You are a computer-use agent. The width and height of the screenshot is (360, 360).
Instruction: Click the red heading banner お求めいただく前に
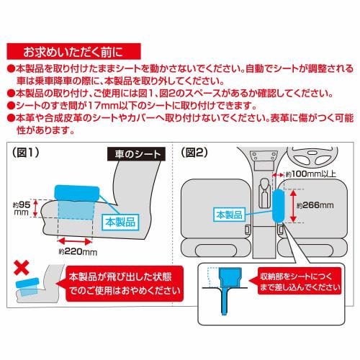click(73, 51)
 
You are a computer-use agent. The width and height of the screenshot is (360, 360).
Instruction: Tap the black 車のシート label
click(136, 154)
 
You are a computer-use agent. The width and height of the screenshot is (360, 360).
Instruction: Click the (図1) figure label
click(26, 152)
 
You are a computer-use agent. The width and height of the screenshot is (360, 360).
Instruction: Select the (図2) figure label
click(194, 152)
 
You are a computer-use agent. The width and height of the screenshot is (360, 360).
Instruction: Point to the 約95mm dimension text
click(22, 208)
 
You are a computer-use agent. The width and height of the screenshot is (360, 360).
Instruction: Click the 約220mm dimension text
click(78, 252)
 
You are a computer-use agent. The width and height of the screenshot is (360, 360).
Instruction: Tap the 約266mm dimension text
click(315, 205)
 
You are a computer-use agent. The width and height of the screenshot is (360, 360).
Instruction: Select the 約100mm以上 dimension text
click(311, 174)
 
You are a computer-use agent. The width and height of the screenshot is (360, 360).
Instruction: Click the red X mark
click(22, 267)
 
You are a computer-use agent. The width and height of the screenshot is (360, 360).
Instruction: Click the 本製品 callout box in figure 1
click(120, 222)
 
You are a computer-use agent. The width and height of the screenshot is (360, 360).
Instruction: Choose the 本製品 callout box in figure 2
click(229, 215)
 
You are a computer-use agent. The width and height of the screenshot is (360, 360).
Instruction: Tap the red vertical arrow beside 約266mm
click(293, 206)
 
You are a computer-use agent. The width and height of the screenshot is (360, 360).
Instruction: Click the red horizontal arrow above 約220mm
click(75, 241)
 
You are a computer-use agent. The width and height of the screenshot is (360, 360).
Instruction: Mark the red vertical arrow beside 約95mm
click(35, 208)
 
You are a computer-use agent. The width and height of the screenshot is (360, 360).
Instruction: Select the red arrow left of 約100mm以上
click(278, 175)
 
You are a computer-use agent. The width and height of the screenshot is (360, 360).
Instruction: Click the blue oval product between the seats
click(279, 206)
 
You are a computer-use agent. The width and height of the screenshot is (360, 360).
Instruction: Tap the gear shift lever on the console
click(265, 194)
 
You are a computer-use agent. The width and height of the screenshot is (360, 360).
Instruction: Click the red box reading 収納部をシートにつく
click(299, 281)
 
